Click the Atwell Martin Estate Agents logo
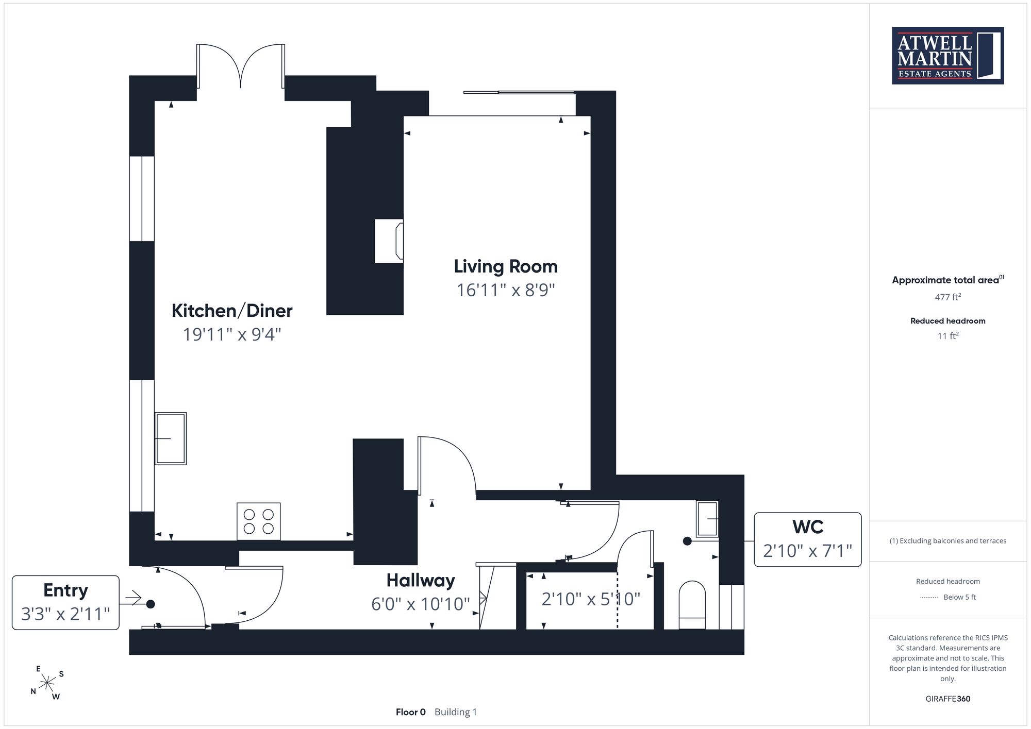pyautogui.click(x=947, y=56)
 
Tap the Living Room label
pyautogui.click(x=506, y=266)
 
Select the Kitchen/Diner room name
pyautogui.click(x=232, y=311)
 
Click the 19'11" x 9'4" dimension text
pyautogui.click(x=232, y=334)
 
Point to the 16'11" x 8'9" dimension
pyautogui.click(x=506, y=290)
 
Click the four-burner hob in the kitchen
pyautogui.click(x=258, y=521)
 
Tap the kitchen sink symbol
pyautogui.click(x=171, y=438)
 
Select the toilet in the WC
pyautogui.click(x=692, y=605)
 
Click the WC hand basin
pyautogui.click(x=707, y=519)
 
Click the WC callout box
pyautogui.click(x=808, y=539)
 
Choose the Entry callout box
pyautogui.click(x=65, y=602)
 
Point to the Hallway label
pyautogui.click(x=421, y=581)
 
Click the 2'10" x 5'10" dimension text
pyautogui.click(x=591, y=599)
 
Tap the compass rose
pyautogui.click(x=47, y=683)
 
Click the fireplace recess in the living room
pyautogui.click(x=389, y=241)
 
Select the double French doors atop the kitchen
pyautogui.click(x=241, y=66)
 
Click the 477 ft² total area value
pyautogui.click(x=948, y=297)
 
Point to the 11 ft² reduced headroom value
pyautogui.click(x=948, y=336)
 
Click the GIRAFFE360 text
pyautogui.click(x=948, y=699)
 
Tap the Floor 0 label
pyautogui.click(x=411, y=712)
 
